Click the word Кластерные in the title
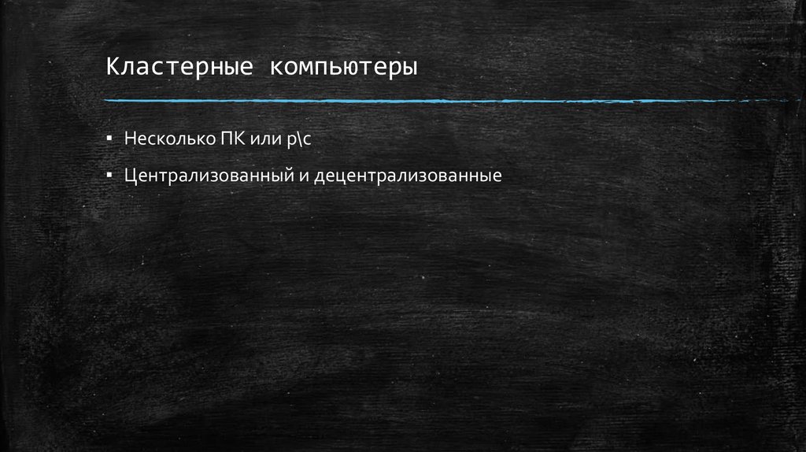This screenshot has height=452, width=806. pyautogui.click(x=179, y=67)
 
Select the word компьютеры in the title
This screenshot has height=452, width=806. pyautogui.click(x=345, y=67)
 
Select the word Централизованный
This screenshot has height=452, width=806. pyautogui.click(x=208, y=174)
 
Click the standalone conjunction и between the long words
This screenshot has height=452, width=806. pyautogui.click(x=302, y=175)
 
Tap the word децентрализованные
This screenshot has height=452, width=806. pyautogui.click(x=407, y=174)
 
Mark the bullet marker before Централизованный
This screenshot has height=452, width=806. pyautogui.click(x=111, y=173)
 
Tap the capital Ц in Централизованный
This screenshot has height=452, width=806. pyautogui.click(x=129, y=174)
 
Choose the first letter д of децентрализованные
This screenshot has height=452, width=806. pyautogui.click(x=318, y=175)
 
